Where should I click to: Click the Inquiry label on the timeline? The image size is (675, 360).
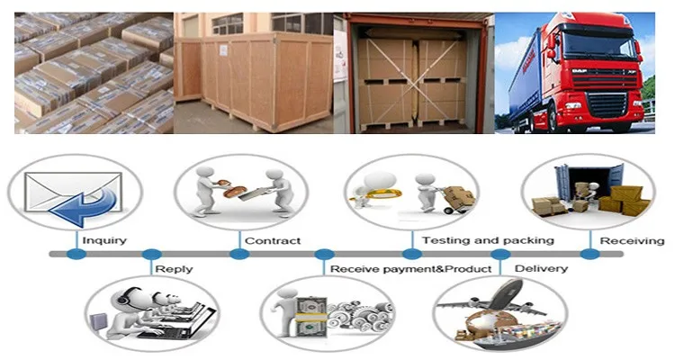coord(104,241)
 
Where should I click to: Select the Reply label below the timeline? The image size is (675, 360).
coord(174,269)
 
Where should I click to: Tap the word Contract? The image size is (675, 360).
coord(273,241)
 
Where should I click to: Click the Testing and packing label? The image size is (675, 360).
coord(488,241)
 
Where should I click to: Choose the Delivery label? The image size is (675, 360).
coord(540,269)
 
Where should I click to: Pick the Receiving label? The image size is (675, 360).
coord(633,241)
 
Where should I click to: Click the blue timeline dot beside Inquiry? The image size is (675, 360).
coord(76,255)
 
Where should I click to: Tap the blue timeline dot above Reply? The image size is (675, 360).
coord(152,255)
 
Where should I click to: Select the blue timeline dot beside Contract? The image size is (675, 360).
coord(239,255)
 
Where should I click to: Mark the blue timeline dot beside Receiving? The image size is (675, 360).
coord(589,255)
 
